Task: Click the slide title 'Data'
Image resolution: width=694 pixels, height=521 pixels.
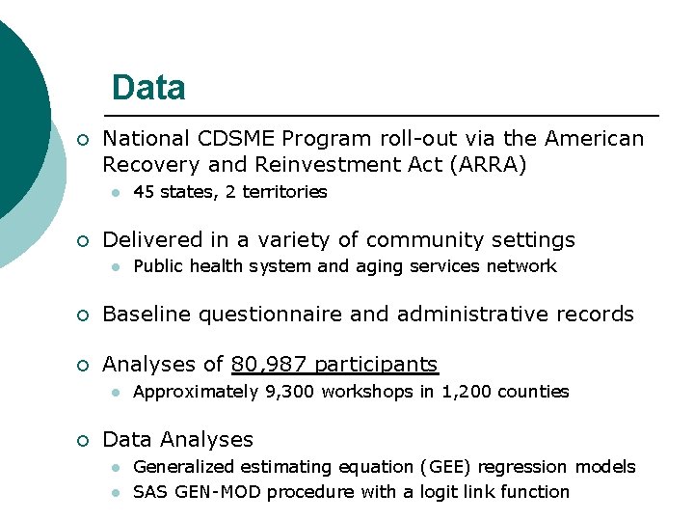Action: point(148,89)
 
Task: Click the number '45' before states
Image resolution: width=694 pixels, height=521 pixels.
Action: point(144,192)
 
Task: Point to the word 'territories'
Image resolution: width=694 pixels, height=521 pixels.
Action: point(284,192)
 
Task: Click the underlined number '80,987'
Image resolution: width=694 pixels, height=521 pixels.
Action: point(269,364)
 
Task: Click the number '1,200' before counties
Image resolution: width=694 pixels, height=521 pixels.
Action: point(465,392)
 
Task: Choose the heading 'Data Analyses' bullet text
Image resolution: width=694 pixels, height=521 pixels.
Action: point(177,440)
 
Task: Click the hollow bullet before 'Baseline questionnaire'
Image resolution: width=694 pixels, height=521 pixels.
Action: point(83,315)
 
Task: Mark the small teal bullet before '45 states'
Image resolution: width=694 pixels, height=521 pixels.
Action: point(115,193)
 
